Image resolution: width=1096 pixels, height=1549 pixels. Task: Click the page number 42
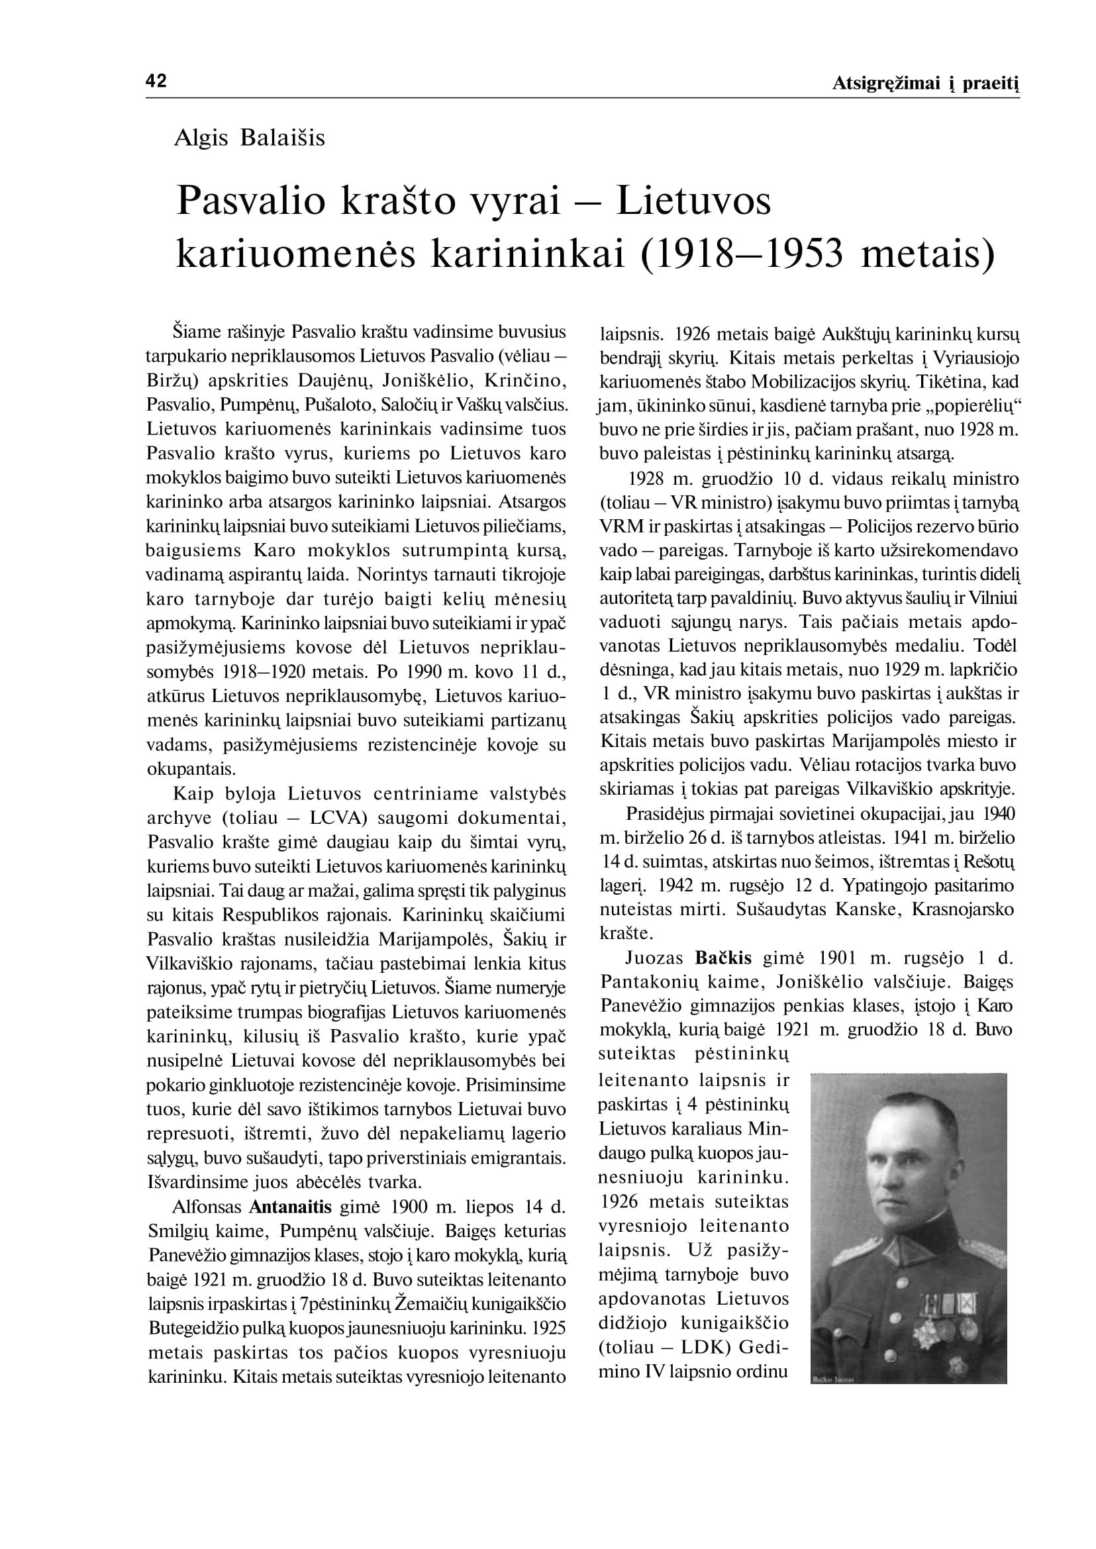[x=156, y=81]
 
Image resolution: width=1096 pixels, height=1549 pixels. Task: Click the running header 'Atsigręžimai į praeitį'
[x=925, y=83]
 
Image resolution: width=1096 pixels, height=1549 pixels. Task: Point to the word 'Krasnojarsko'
[x=962, y=909]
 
